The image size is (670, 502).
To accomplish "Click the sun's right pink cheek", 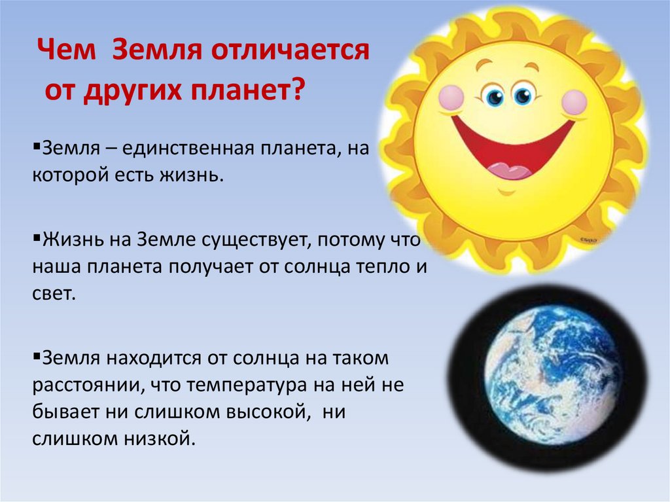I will tap(575, 102).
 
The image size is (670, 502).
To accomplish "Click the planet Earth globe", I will tap(548, 376).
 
